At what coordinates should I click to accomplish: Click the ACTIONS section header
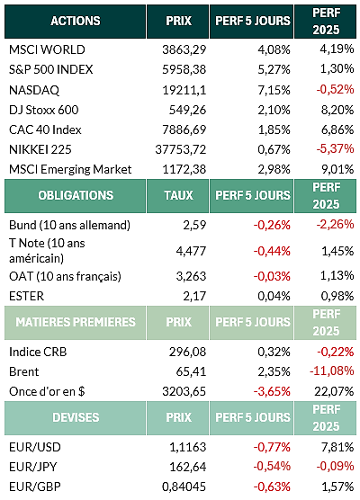click(76, 21)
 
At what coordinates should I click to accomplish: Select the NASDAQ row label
click(34, 90)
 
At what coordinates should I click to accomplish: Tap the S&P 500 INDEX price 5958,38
click(184, 69)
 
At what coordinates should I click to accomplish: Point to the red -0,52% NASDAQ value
click(335, 89)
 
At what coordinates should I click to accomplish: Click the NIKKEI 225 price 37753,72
click(181, 149)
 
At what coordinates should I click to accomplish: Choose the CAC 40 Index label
click(45, 129)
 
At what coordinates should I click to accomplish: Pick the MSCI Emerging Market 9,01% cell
click(337, 169)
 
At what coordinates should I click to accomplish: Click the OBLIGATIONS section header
click(76, 195)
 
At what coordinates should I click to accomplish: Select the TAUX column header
click(178, 195)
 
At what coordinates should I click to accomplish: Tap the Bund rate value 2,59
click(194, 225)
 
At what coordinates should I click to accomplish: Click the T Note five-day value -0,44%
click(272, 251)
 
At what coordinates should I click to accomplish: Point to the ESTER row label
click(26, 296)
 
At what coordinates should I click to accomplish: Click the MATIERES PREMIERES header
click(76, 322)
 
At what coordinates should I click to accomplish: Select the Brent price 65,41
click(191, 371)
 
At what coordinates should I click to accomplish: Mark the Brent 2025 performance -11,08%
click(332, 371)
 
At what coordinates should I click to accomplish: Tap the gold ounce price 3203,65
click(184, 391)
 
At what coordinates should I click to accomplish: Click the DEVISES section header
click(76, 417)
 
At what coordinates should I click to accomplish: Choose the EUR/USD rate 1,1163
click(188, 447)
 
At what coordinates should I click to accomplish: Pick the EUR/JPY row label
click(33, 467)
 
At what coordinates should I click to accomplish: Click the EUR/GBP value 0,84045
click(184, 487)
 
